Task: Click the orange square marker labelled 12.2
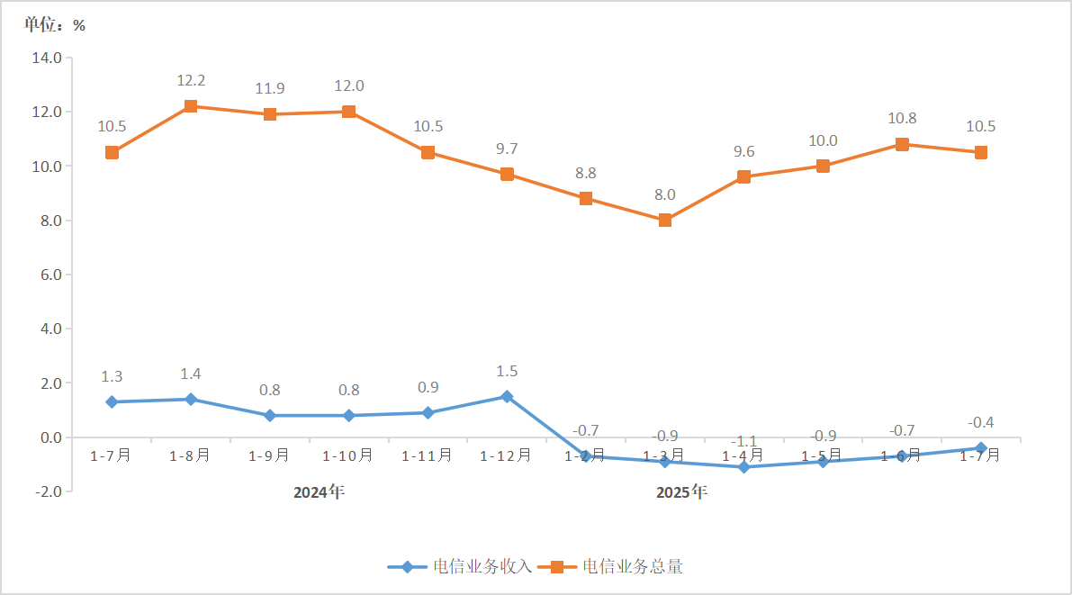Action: click(191, 106)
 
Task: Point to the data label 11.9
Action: click(270, 88)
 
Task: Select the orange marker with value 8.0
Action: click(665, 220)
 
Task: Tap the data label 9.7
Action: click(507, 149)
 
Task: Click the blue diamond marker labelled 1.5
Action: click(507, 396)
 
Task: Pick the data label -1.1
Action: click(743, 441)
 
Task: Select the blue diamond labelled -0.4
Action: click(981, 447)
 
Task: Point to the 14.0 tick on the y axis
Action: click(46, 59)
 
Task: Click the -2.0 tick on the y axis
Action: click(46, 491)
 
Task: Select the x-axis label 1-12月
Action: click(506, 455)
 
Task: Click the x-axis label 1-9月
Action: click(269, 455)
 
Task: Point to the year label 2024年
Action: click(319, 492)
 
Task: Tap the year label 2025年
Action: click(681, 492)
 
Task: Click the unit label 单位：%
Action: click(55, 25)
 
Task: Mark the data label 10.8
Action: click(902, 118)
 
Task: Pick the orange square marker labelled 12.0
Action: click(349, 112)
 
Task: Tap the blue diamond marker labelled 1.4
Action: click(191, 399)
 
